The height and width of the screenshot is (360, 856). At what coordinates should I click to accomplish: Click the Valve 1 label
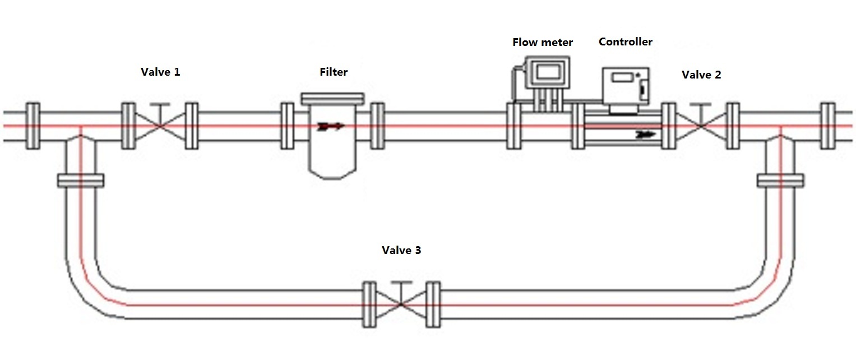point(160,72)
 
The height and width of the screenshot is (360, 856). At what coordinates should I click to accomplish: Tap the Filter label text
point(334,72)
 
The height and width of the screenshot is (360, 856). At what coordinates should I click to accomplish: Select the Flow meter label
point(543,43)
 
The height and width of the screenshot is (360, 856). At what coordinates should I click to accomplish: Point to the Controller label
point(626,42)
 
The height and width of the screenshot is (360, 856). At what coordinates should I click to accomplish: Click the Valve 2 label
point(701,75)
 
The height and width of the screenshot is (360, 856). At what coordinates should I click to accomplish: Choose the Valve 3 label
point(401,251)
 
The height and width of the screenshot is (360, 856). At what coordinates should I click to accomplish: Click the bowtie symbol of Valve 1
point(160,126)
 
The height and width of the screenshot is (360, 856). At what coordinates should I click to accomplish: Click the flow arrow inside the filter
point(330,127)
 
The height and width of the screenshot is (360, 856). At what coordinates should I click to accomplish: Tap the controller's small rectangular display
point(621,77)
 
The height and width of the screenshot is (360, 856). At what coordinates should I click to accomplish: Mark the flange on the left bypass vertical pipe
point(80,181)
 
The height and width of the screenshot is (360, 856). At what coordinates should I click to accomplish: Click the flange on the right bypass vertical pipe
point(780,181)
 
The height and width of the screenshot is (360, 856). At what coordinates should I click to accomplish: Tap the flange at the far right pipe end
point(827,126)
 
